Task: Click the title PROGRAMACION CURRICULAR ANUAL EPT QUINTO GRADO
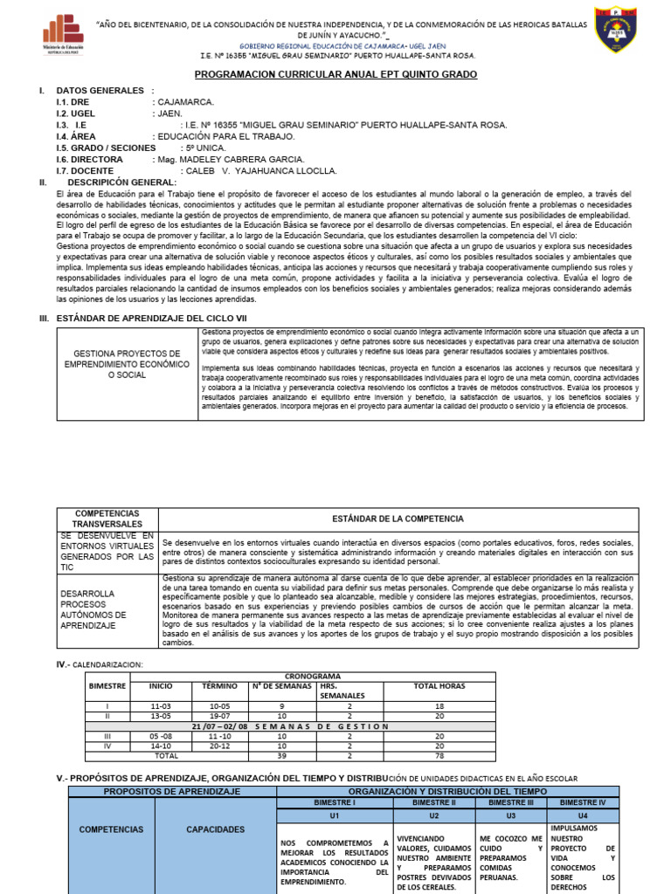click(x=335, y=75)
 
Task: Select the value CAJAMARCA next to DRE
click(x=185, y=102)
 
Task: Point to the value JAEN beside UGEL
click(x=169, y=113)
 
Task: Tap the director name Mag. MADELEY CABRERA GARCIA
click(x=230, y=160)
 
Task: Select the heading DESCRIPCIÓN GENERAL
click(x=122, y=182)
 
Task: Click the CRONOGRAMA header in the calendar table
click(x=314, y=677)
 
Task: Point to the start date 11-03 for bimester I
click(x=160, y=705)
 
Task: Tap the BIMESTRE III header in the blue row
click(x=511, y=801)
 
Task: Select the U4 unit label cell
click(x=589, y=815)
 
